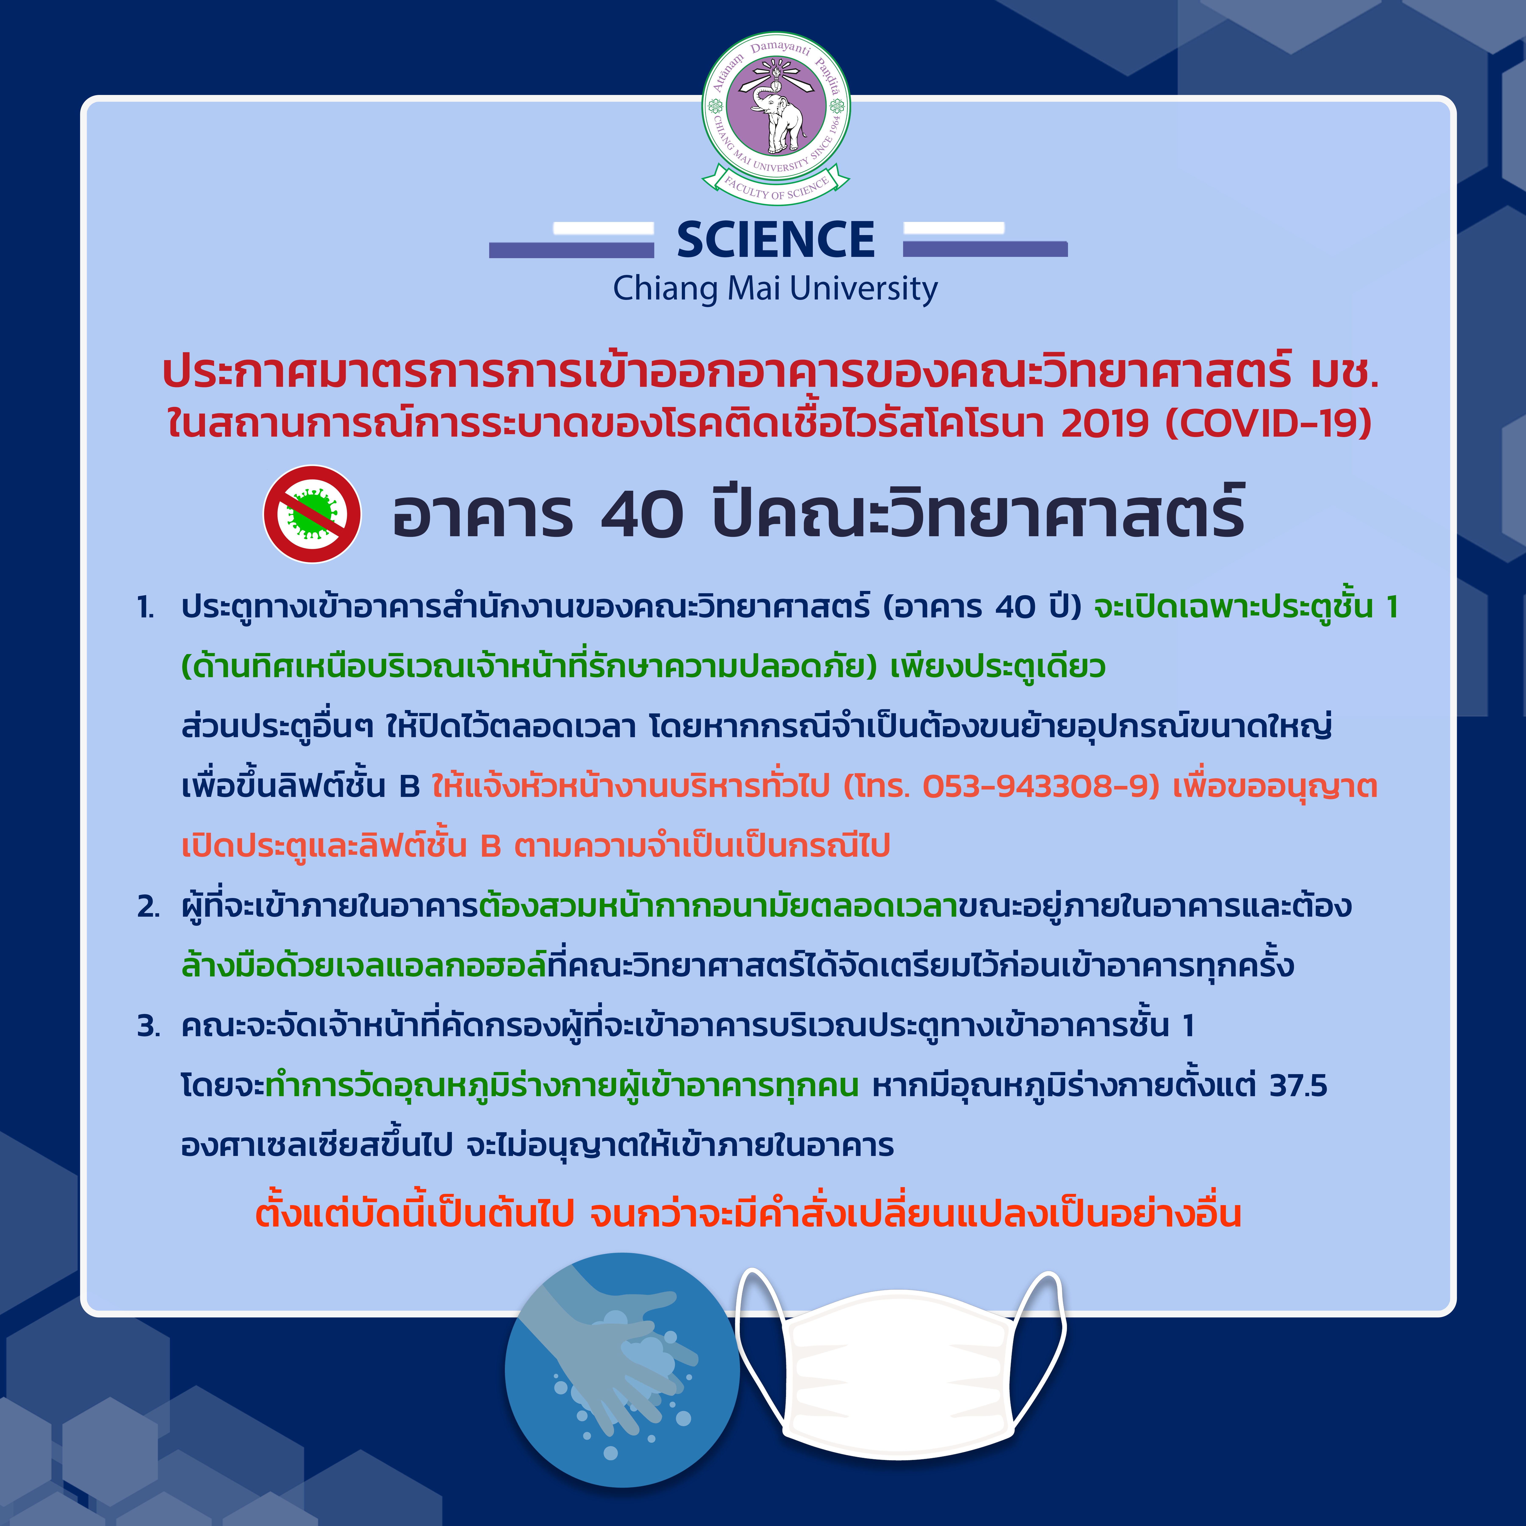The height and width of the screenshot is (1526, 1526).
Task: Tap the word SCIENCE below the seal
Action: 776,240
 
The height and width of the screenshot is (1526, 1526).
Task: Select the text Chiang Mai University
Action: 776,289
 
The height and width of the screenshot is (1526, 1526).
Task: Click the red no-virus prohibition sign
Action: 312,514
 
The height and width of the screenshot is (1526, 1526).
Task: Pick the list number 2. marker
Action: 149,907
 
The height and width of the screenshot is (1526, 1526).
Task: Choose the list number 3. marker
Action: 149,1026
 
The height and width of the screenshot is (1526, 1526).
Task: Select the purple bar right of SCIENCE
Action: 985,249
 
